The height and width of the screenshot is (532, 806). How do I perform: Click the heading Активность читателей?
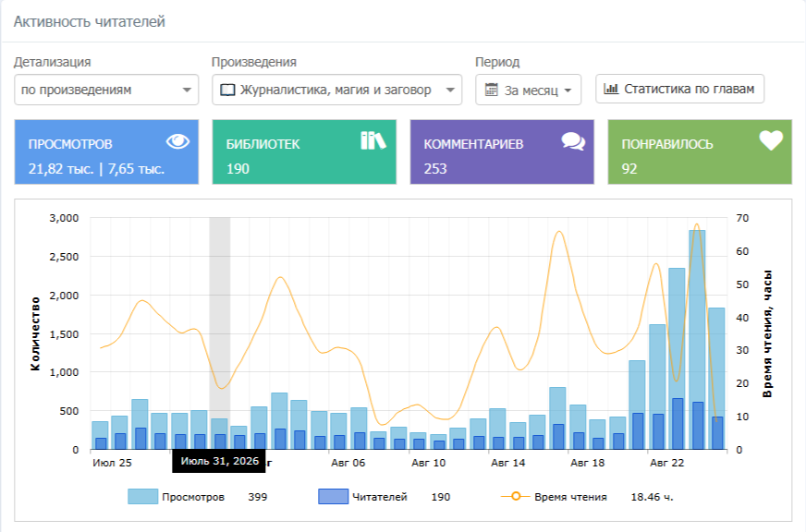pos(89,21)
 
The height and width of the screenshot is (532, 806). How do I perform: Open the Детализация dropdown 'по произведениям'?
pos(106,90)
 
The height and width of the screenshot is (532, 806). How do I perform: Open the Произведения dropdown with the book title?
pos(336,90)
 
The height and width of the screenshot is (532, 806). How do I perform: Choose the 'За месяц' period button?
pos(528,90)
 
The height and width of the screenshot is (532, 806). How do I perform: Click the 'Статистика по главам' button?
pos(679,89)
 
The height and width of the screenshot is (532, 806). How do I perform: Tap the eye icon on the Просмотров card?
pos(177,141)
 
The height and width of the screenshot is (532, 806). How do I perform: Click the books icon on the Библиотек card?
pos(373,140)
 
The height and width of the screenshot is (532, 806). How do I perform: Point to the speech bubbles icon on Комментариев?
pos(573,141)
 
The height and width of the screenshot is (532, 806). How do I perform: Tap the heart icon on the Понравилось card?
pos(771,140)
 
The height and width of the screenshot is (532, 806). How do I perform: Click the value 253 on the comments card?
pos(435,169)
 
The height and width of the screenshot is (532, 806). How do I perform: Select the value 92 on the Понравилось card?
pos(629,169)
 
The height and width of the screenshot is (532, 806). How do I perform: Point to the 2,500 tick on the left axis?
pos(64,257)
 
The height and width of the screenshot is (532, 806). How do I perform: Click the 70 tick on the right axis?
pos(742,218)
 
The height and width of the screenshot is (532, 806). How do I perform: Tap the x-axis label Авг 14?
pos(507,463)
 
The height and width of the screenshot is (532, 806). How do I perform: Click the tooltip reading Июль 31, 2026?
pos(219,461)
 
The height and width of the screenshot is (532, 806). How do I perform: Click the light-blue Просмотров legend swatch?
pos(143,497)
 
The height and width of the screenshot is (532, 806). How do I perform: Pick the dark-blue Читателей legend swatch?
pos(333,497)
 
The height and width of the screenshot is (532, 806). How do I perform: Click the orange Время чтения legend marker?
pos(516,496)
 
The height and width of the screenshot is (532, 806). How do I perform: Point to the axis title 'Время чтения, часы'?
pos(767,333)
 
